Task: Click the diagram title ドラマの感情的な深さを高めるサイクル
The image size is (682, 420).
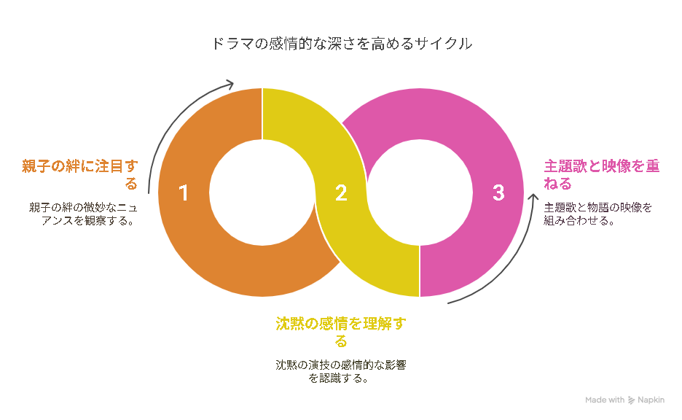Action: [x=342, y=44]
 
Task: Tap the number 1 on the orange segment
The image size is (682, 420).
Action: [x=184, y=192]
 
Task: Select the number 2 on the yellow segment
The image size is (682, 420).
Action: [x=342, y=192]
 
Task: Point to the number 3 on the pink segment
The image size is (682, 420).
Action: [x=498, y=192]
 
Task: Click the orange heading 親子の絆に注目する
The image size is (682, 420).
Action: [x=80, y=174]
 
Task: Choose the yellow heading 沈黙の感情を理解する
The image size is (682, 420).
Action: [x=341, y=332]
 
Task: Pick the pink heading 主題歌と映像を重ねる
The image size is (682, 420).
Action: [x=602, y=174]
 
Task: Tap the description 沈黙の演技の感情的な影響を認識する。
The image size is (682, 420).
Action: [x=341, y=371]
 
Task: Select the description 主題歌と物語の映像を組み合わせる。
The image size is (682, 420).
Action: [x=598, y=214]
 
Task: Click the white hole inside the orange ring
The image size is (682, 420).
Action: [x=262, y=192]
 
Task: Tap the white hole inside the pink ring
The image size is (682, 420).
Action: [x=420, y=192]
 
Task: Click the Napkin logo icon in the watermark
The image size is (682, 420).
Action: [x=631, y=400]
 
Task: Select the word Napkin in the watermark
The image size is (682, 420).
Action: [x=651, y=400]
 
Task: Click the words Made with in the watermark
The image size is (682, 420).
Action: [x=605, y=400]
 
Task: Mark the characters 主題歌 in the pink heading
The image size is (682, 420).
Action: [x=565, y=166]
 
